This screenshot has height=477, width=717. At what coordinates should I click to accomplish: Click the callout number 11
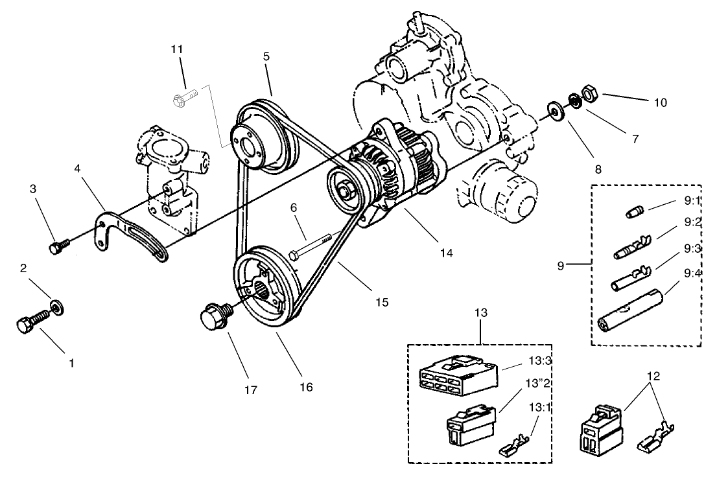(178, 49)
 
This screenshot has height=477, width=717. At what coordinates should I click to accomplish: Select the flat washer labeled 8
(555, 109)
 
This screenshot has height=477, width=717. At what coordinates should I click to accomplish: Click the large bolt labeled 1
(30, 322)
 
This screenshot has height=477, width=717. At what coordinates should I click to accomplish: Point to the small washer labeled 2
(58, 305)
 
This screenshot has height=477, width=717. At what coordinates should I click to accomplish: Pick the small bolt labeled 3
(57, 246)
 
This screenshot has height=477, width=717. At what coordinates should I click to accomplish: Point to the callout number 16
(306, 386)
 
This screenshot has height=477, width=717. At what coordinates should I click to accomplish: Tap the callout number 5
(266, 56)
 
